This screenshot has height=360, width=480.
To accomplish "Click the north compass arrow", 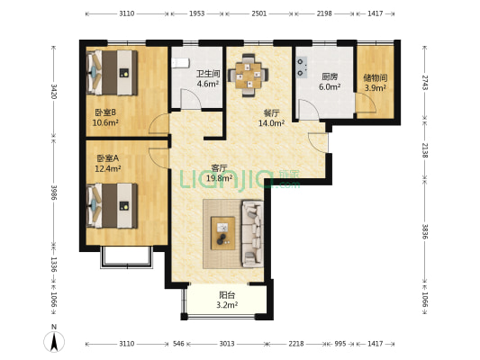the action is tap(54, 343).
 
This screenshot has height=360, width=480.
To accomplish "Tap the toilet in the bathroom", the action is tap(181, 63).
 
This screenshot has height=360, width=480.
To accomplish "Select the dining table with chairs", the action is tap(249, 76).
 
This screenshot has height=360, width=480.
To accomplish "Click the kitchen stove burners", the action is tap(302, 67).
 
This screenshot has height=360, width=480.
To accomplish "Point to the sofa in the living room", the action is tap(253, 234).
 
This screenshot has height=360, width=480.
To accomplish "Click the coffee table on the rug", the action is tap(223, 233).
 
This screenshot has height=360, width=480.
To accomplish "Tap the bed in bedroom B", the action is tap(112, 73).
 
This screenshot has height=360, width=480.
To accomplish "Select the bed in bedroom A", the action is tap(112, 205).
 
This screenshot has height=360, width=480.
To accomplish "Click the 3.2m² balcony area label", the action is tap(227, 305).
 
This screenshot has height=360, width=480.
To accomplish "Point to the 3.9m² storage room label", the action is tap(375, 88).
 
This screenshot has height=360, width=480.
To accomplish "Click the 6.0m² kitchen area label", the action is tap(330, 87).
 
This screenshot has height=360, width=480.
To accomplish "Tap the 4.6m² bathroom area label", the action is tap(208, 84).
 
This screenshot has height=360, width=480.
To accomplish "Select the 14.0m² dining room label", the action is tap(272, 123).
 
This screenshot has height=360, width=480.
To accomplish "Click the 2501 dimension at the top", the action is tap(259, 13).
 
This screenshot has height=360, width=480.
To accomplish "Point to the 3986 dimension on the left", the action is tap(54, 192).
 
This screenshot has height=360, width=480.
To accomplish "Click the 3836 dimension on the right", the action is tap(425, 231).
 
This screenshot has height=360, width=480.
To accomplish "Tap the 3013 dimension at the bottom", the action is tap(227, 344).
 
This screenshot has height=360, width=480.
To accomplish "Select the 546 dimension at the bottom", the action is tap(178, 344).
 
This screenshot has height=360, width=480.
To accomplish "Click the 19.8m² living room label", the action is tap(219, 178).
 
